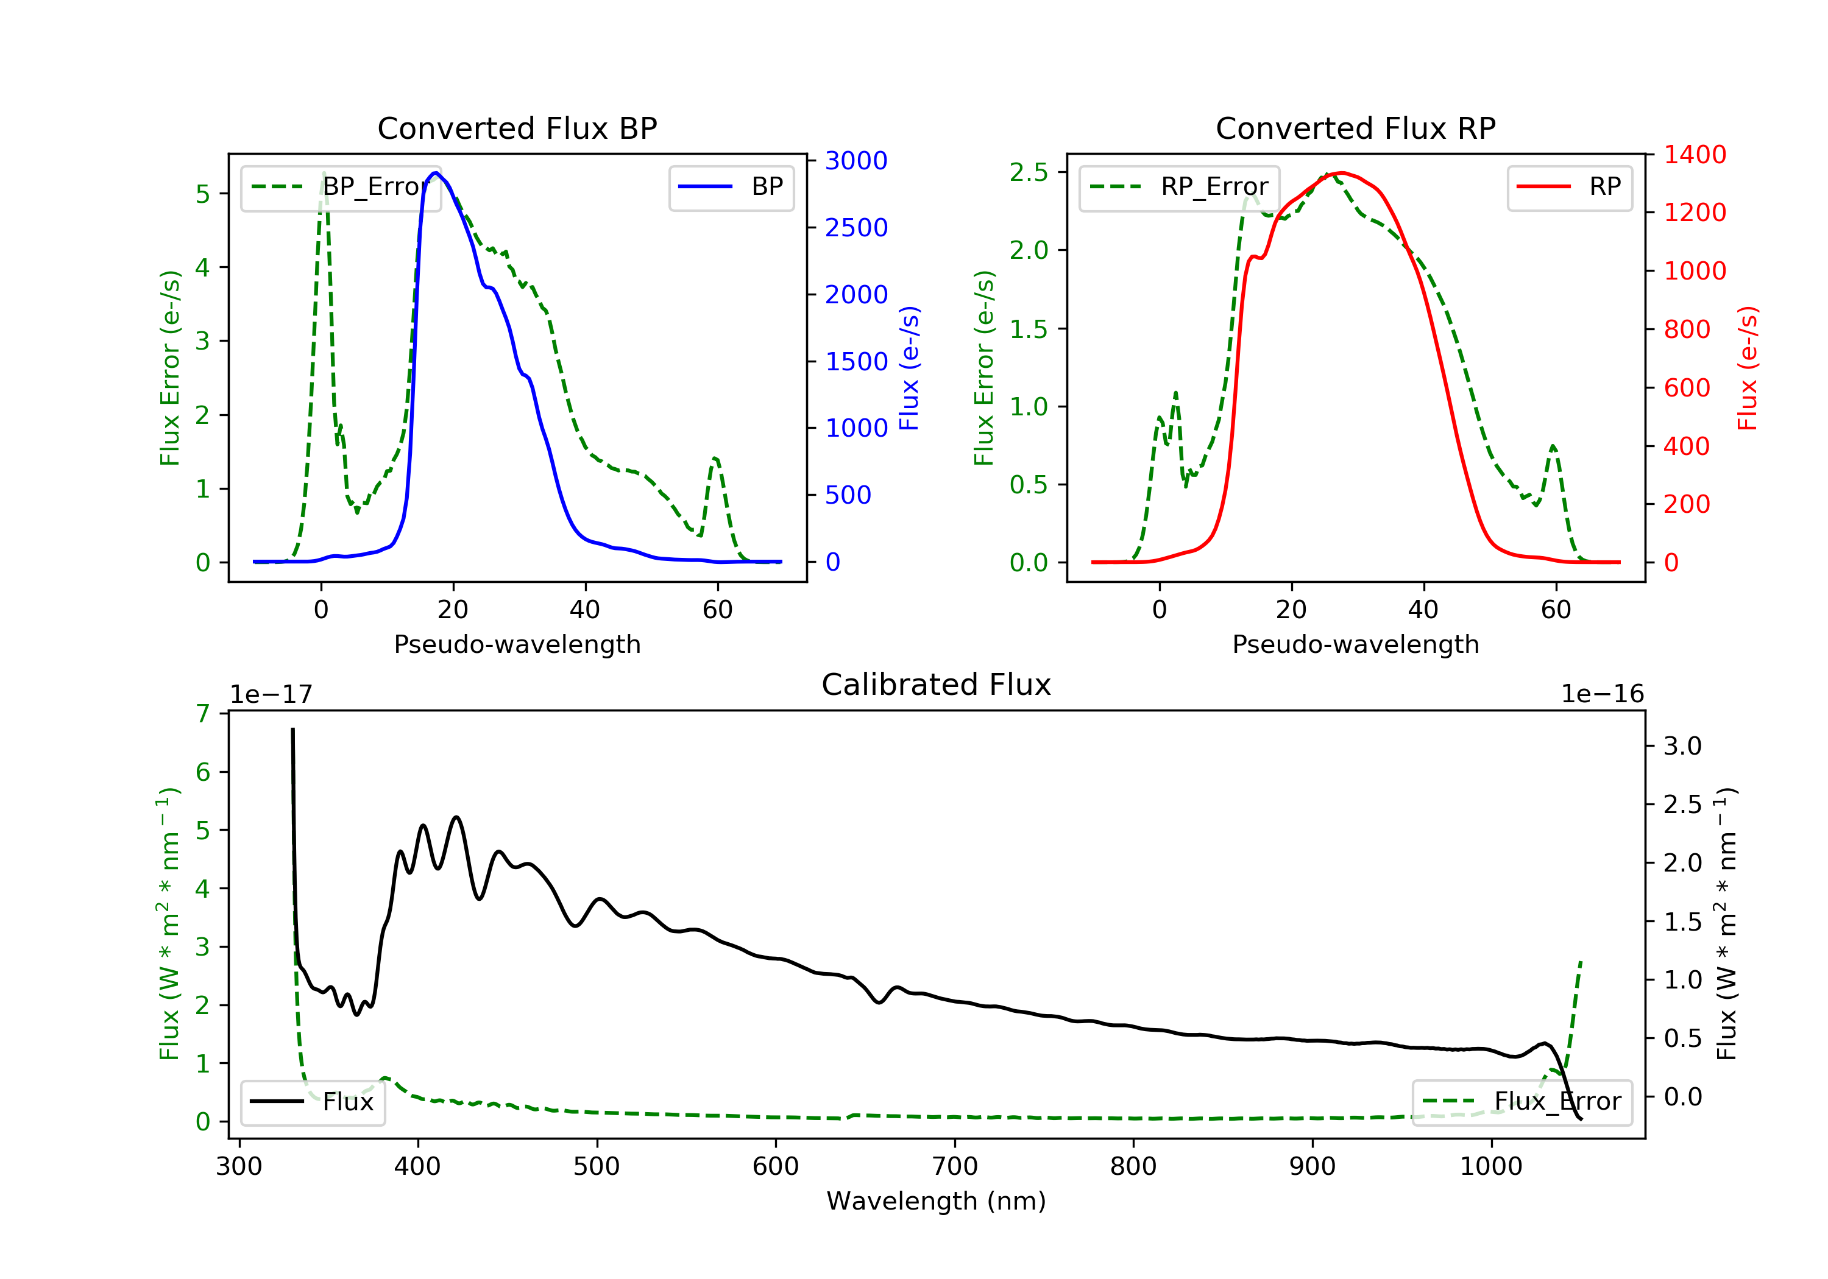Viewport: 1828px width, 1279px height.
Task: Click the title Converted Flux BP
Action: coord(517,128)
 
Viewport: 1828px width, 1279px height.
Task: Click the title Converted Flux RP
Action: coord(1355,128)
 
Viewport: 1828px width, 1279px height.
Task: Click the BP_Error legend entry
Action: coord(341,187)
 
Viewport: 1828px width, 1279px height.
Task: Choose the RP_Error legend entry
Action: coord(1179,187)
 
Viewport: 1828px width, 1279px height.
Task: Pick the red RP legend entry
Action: coord(1569,187)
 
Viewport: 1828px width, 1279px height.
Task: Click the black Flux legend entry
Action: coord(313,1102)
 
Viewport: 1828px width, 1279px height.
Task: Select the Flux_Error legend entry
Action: coord(1522,1102)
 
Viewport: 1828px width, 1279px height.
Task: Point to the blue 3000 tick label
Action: coord(856,161)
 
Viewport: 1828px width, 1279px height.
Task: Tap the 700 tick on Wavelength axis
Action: coord(955,1167)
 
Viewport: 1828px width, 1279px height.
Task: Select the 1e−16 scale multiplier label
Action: coord(1602,694)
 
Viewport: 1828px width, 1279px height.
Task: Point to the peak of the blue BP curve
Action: coord(434,173)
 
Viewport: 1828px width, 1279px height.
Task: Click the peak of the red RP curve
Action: coord(1342,173)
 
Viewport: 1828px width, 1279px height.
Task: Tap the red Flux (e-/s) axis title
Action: coord(1748,368)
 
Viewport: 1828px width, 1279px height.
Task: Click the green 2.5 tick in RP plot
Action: coord(1029,173)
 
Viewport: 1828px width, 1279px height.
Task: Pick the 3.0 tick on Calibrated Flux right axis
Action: coord(1682,747)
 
